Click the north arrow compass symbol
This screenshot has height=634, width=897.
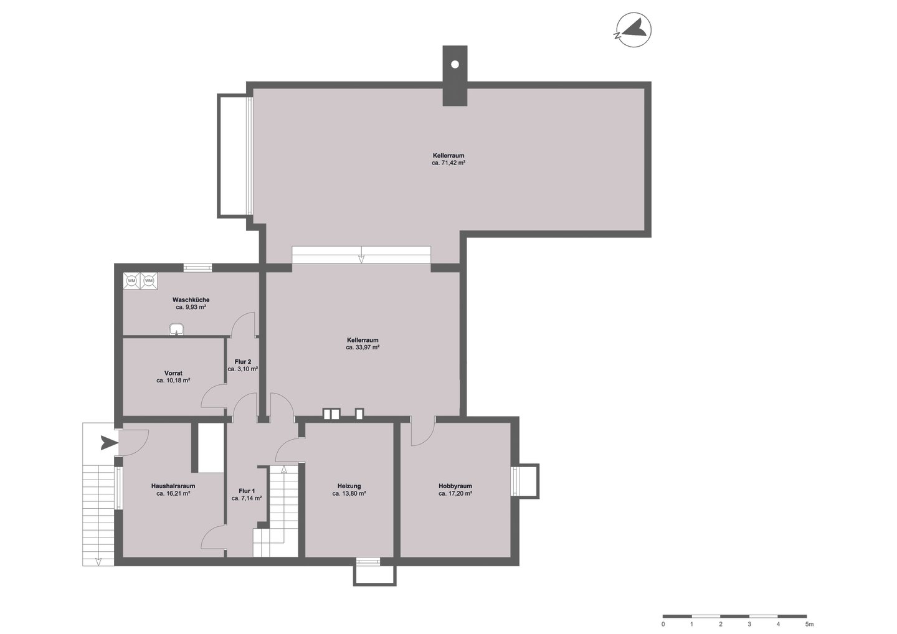click(634, 30)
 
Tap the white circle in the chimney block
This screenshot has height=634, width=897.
click(455, 64)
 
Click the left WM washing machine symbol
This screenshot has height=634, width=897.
click(131, 281)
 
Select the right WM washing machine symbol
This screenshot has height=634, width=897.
click(148, 281)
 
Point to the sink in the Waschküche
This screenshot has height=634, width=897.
click(176, 329)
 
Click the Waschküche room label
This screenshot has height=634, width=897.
click(191, 300)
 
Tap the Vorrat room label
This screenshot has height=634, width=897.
click(173, 373)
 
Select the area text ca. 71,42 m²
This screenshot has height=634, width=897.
click(448, 163)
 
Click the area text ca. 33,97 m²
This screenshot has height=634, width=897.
click(363, 348)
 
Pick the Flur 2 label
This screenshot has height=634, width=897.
click(243, 362)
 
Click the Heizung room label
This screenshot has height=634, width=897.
click(349, 486)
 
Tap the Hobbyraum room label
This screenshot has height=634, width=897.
click(455, 486)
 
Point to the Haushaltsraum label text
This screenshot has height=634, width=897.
click(173, 486)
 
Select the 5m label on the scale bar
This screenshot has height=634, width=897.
click(809, 624)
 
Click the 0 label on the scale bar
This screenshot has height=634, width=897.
click(663, 624)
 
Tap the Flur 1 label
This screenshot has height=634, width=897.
click(247, 491)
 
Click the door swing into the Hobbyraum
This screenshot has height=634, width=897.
click(424, 432)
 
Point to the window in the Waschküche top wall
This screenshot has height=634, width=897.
click(198, 268)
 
